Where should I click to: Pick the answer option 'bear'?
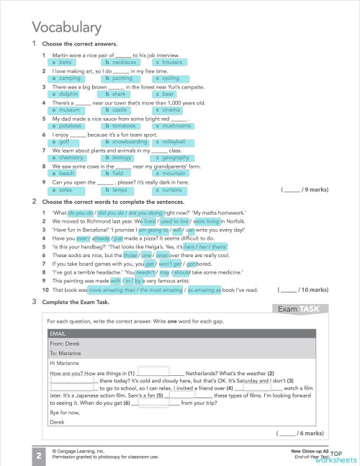point(168,94)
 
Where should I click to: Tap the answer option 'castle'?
point(120,109)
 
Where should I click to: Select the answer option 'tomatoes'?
point(124,125)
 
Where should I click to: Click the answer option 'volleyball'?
point(173,141)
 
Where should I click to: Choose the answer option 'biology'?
point(122,157)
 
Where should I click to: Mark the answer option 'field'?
point(118,174)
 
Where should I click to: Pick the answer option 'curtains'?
point(171,189)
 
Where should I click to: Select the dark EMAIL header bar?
point(180,335)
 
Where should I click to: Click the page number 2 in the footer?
point(37,454)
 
